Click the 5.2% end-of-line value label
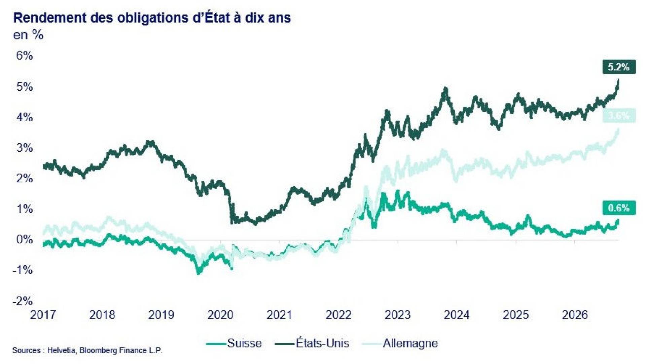619,67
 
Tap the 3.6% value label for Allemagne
619,116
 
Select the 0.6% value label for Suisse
619,208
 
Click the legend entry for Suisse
234,343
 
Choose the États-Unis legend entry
312,343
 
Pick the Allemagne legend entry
400,343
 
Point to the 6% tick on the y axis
24,56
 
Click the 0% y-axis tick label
24,240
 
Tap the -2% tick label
23,301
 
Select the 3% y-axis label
24,148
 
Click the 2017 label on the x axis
43,315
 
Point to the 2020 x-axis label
220,315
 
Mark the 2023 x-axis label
398,315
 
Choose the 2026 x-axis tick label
575,315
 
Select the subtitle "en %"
28,35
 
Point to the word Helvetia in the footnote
62,351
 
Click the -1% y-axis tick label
23,270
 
